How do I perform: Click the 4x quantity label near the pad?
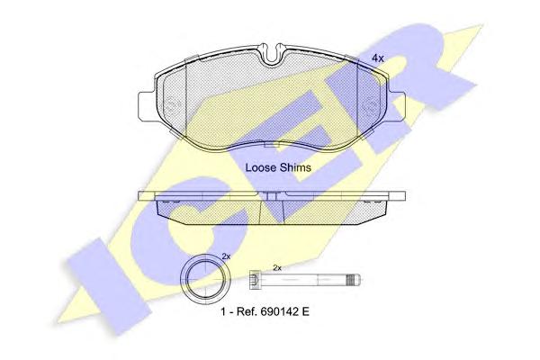pyautogui.click(x=377, y=58)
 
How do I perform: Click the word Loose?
pyautogui.click(x=261, y=167)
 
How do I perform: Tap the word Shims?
pyautogui.click(x=295, y=167)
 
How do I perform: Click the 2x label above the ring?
pyautogui.click(x=226, y=256)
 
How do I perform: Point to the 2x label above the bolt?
pyautogui.click(x=277, y=267)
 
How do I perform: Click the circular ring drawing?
pyautogui.click(x=205, y=279)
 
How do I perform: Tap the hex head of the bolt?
pyautogui.click(x=254, y=279)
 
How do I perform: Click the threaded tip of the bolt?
pyautogui.click(x=354, y=279)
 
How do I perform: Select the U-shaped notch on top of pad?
pyautogui.click(x=272, y=55)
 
